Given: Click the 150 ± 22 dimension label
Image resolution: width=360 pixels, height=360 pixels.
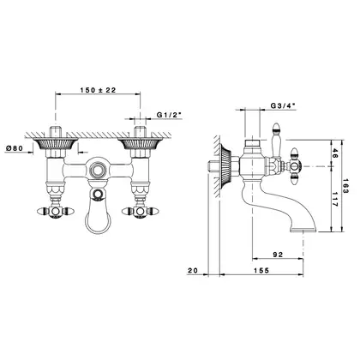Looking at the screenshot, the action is click(x=98, y=90).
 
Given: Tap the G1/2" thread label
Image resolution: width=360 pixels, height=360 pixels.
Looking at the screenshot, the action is click(x=169, y=115).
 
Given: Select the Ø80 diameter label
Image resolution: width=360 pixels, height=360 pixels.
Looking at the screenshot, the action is click(x=15, y=148).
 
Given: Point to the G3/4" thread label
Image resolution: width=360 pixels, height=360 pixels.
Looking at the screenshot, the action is click(x=283, y=105).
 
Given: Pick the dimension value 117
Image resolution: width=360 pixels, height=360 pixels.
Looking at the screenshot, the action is click(x=335, y=199).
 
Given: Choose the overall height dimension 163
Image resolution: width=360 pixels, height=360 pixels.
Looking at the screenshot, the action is click(x=345, y=186).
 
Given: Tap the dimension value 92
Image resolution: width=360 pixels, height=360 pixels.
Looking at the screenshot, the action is click(x=278, y=255).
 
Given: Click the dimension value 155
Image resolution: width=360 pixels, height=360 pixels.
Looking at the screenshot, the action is click(x=261, y=270).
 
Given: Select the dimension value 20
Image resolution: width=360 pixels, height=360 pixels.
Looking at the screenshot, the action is click(x=193, y=270).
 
